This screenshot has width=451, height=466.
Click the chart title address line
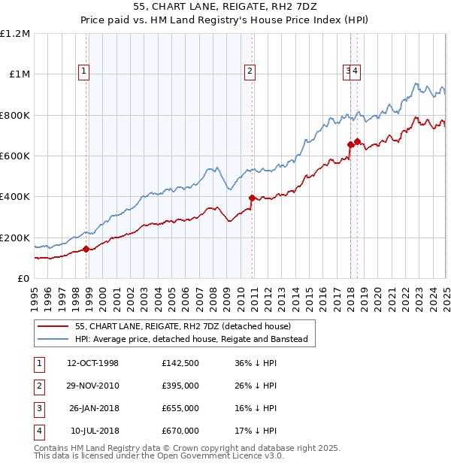coord(225,8)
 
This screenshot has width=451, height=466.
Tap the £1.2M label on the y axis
coord(15,34)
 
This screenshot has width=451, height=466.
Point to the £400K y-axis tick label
coord(15,197)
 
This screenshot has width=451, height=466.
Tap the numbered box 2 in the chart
coord(250,71)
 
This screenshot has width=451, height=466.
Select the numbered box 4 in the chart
coord(355,71)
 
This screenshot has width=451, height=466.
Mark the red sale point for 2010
coord(252,198)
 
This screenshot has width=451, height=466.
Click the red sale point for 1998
coord(86,249)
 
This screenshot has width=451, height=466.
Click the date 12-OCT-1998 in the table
coord(93,363)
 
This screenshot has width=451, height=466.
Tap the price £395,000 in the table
coord(180,386)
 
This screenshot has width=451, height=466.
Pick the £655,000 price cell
coord(180,408)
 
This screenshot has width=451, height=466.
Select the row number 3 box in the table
coord(37,408)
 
